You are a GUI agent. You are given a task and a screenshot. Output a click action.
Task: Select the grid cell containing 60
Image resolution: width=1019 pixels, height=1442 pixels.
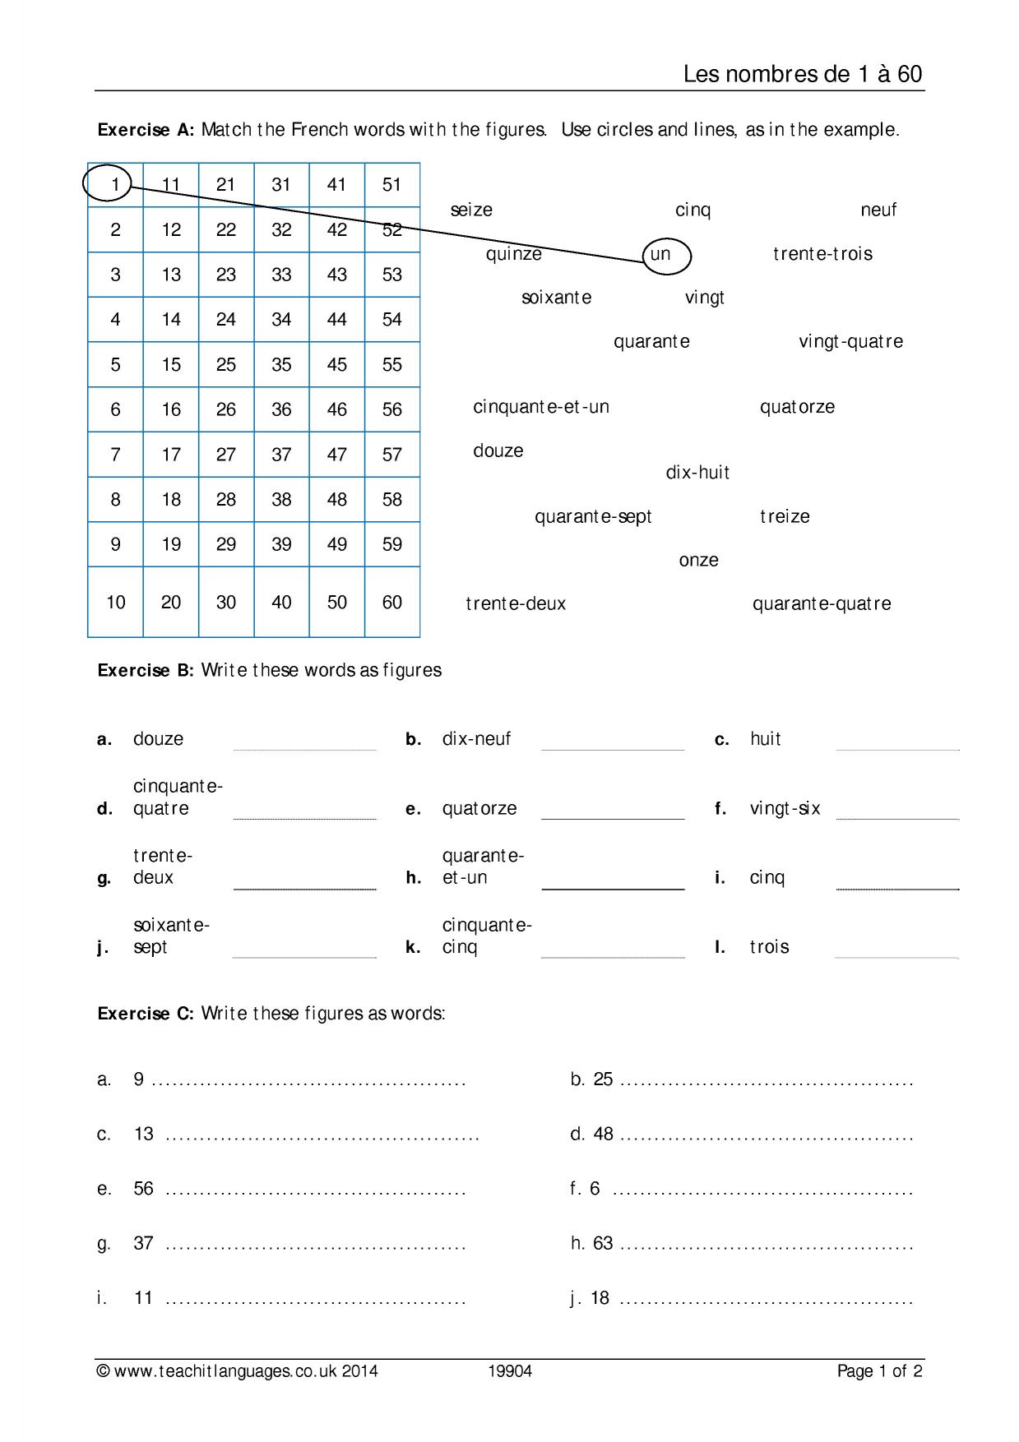click(x=392, y=603)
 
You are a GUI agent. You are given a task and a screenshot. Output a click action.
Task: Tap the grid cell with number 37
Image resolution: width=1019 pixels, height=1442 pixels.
click(x=281, y=455)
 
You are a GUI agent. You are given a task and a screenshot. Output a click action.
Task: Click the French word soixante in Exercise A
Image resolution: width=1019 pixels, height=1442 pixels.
click(x=556, y=298)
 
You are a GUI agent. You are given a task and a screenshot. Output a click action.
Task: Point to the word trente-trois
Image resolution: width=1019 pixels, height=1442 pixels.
click(x=822, y=254)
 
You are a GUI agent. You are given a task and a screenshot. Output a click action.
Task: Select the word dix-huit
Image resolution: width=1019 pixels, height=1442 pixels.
click(x=697, y=473)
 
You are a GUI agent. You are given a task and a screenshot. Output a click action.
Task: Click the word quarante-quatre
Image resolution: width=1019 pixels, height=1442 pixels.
click(x=822, y=604)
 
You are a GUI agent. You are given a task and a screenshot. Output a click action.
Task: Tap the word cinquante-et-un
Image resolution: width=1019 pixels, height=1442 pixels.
click(x=541, y=407)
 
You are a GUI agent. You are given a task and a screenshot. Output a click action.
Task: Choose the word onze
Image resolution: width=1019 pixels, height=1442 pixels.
click(x=698, y=561)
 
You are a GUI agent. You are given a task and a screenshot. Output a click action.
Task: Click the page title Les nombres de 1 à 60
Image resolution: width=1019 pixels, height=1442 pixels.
click(x=802, y=74)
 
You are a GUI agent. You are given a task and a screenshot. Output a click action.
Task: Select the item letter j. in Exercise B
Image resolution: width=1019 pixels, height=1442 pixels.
click(x=103, y=947)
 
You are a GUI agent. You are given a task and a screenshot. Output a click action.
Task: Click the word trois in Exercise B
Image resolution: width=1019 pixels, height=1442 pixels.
click(x=769, y=947)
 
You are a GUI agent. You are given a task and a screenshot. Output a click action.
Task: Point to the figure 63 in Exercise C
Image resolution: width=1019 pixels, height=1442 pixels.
click(x=603, y=1243)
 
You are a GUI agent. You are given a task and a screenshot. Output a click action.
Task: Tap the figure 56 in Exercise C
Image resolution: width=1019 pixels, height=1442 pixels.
click(x=143, y=1189)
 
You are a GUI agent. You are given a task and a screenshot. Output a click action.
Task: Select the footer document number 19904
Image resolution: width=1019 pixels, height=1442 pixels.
click(x=510, y=1370)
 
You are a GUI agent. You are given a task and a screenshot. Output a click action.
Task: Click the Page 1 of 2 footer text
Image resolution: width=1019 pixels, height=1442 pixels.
click(x=879, y=1370)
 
